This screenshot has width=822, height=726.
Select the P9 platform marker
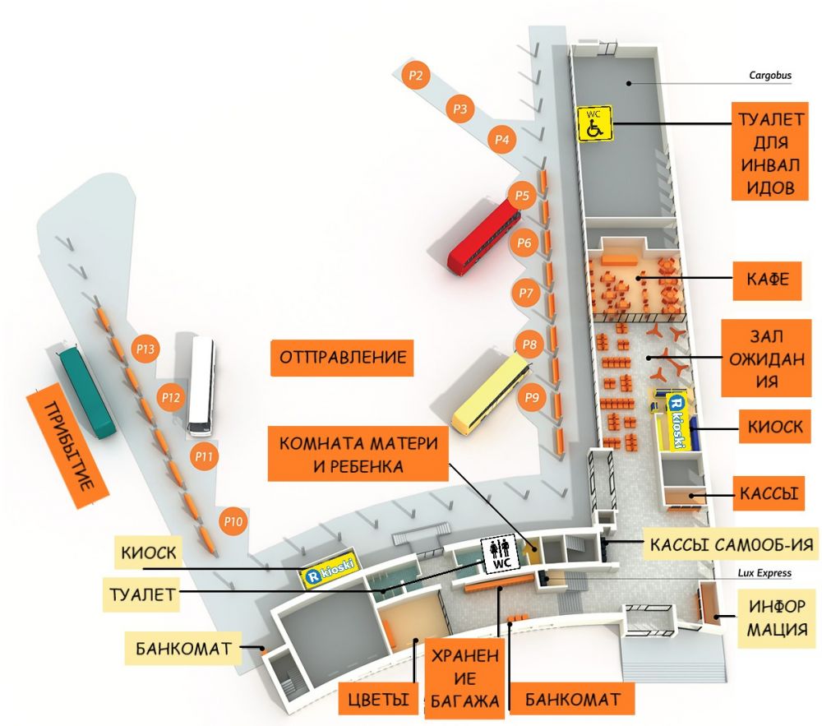[533, 398]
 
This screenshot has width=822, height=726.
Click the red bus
[484, 239]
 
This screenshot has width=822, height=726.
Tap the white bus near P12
[201, 386]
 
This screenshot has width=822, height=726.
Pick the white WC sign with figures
[497, 555]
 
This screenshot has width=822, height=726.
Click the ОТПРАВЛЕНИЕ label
[343, 358]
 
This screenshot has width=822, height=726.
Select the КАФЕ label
[768, 280]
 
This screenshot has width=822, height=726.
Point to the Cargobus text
[770, 76]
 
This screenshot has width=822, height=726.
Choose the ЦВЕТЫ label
[378, 701]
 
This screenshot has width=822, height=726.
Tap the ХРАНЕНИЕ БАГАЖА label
[463, 678]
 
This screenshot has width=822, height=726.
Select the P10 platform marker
[234, 521]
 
